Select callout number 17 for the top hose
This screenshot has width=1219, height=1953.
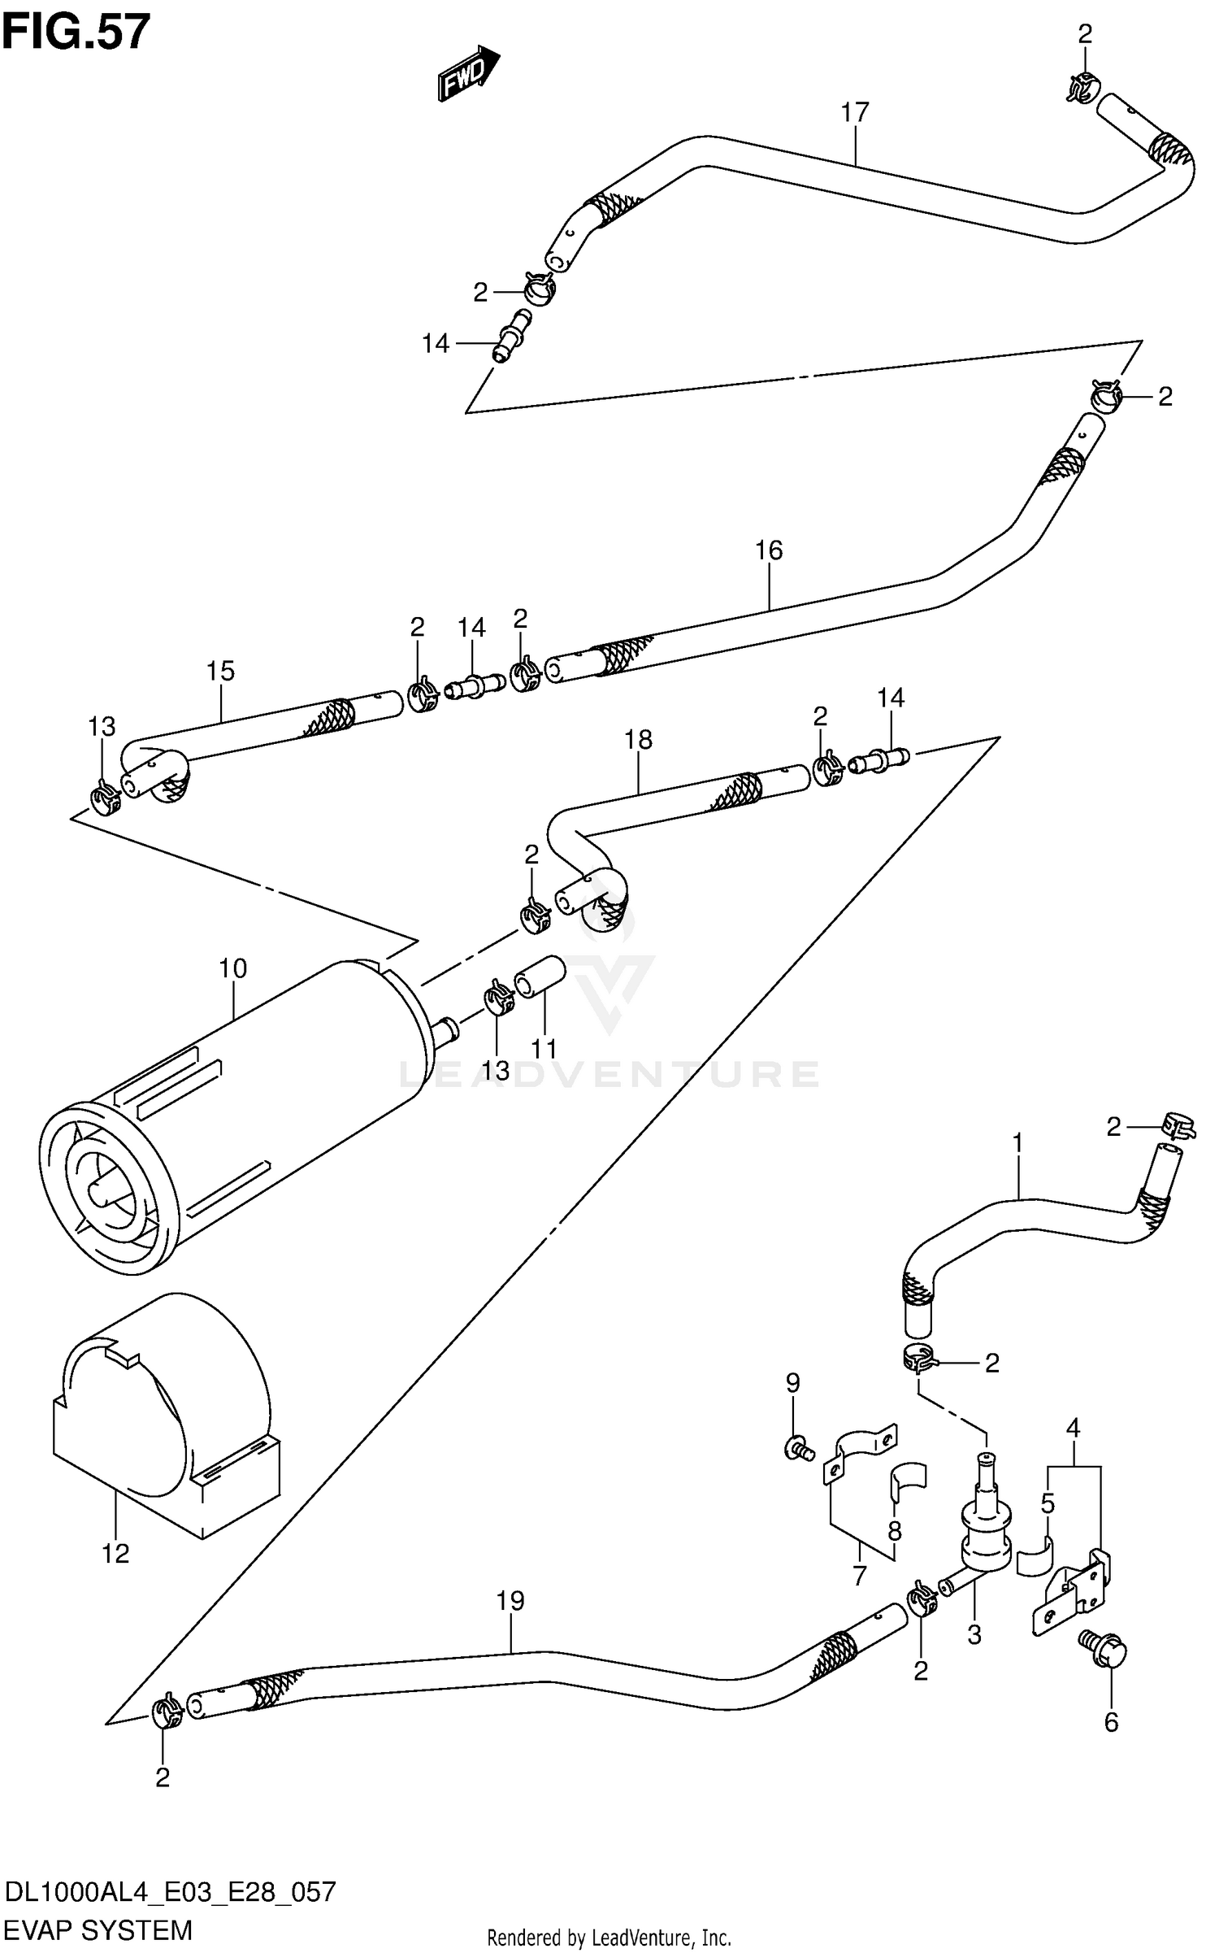(x=855, y=112)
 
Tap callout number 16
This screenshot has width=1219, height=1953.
(x=768, y=550)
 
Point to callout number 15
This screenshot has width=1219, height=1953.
(x=219, y=671)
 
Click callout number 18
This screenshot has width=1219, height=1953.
(x=638, y=740)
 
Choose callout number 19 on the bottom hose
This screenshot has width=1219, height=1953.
(x=510, y=1601)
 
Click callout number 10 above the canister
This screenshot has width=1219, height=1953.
(x=232, y=968)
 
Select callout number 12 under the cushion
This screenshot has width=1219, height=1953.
(x=115, y=1554)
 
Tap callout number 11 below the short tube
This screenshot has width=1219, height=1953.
(x=544, y=1049)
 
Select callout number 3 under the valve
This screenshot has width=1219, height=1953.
(x=974, y=1634)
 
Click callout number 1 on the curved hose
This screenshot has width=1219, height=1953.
(x=1017, y=1144)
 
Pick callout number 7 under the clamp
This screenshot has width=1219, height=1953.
(x=860, y=1575)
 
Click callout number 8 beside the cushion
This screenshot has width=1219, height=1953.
(x=894, y=1532)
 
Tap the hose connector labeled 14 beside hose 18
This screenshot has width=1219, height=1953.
(x=880, y=762)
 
